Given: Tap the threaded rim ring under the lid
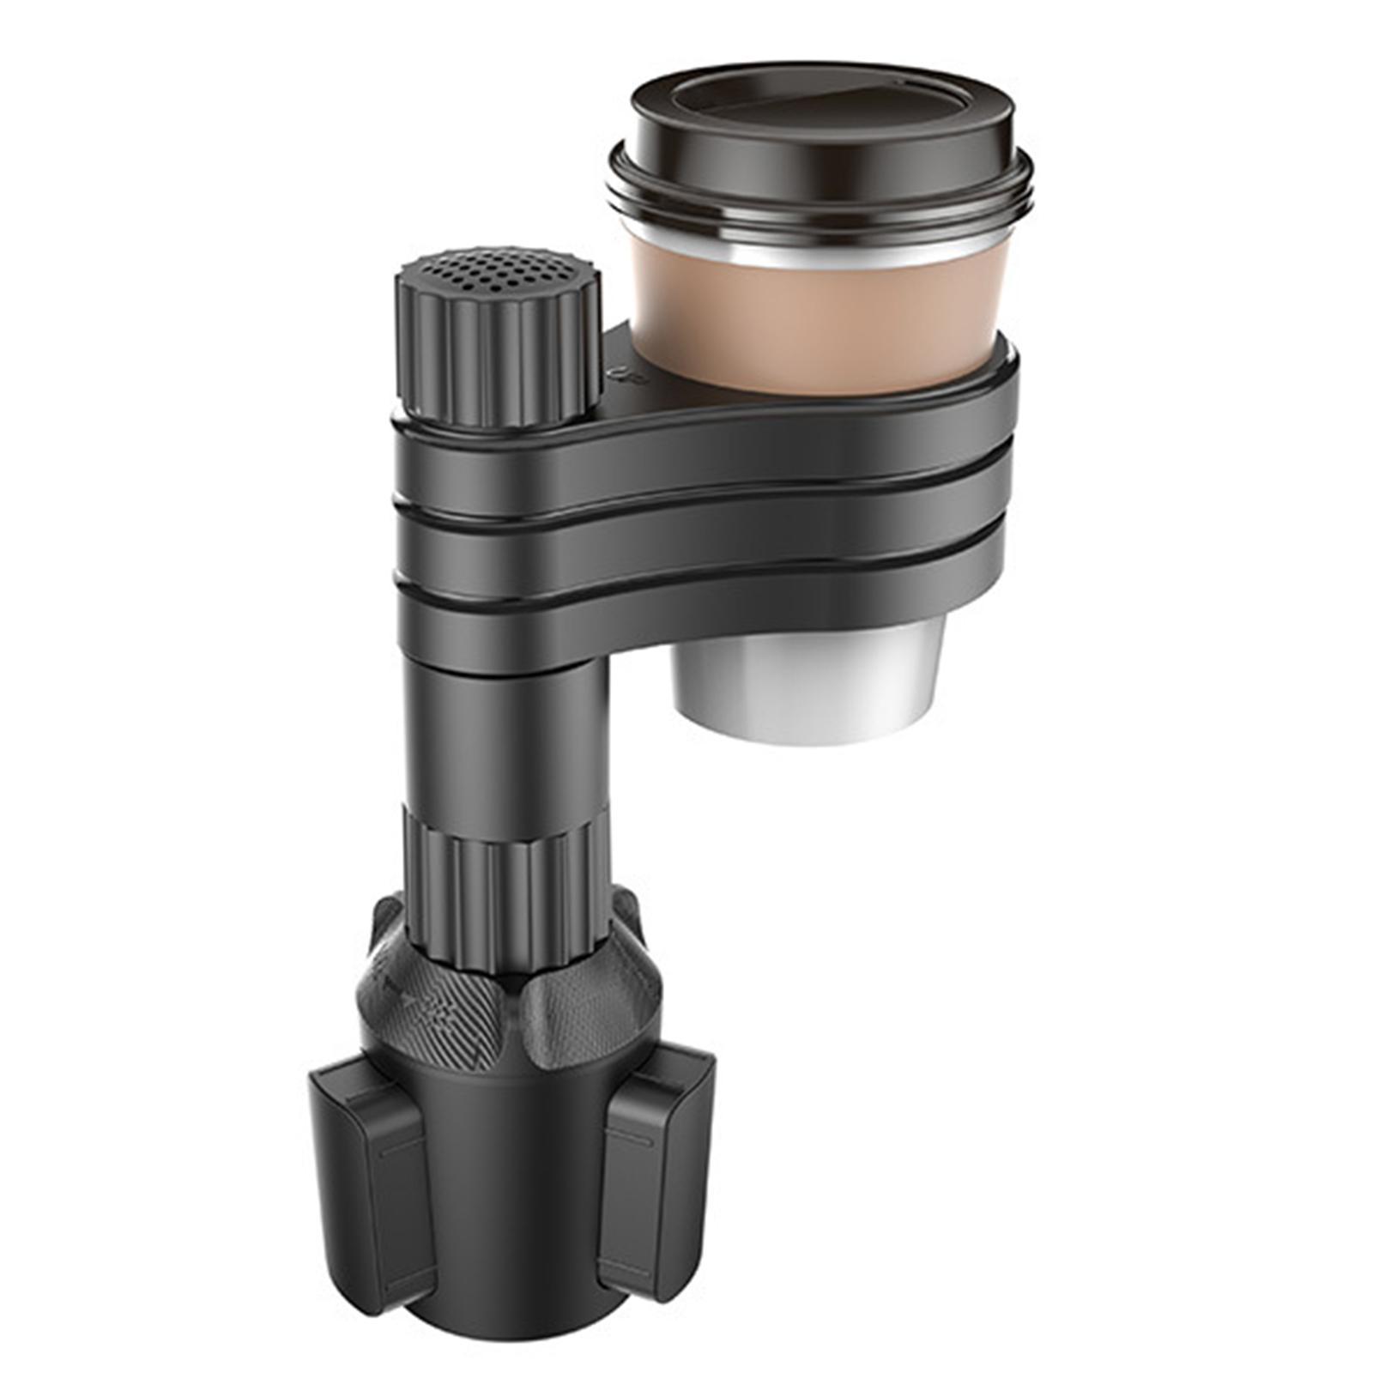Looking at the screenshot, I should coord(824,206).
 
